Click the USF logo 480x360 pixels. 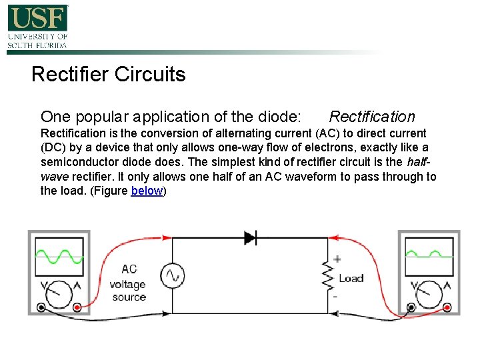37,26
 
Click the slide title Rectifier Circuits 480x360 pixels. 108,74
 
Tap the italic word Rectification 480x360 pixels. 371,117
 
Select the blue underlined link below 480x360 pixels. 147,191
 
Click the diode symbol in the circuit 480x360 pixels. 251,237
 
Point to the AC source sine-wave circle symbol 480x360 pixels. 173,275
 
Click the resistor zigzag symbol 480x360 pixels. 327,275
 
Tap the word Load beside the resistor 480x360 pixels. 351,278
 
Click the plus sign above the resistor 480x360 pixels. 337,259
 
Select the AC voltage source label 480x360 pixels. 129,283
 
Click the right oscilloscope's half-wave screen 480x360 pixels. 429,256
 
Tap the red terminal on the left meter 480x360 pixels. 77,307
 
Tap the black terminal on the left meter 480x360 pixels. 41,307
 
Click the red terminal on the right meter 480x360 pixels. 447,307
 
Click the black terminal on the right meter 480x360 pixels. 411,307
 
